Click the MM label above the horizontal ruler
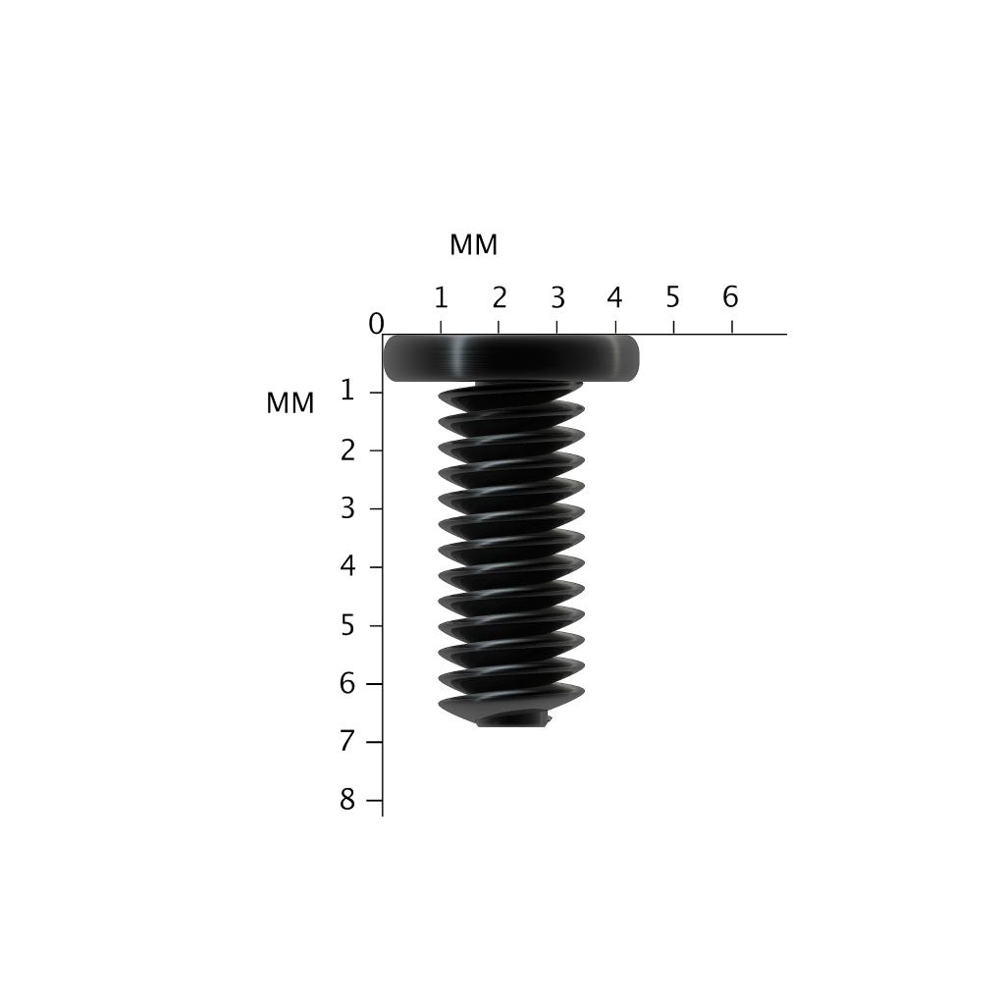coord(473,245)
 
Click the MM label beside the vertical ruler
coord(290,403)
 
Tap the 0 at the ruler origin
coord(376,324)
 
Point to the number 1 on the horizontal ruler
coord(441,297)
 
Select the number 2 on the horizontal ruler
coord(500,297)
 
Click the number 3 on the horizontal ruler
coord(557,297)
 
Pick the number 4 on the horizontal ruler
coord(614,297)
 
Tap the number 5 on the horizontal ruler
coord(672,297)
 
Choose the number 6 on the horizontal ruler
coord(730,297)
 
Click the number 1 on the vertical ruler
coord(347,392)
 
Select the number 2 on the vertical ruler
coord(347,450)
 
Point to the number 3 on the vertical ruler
coord(347,508)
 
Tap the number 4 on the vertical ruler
coord(347,566)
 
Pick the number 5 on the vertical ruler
coord(347,625)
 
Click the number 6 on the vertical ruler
coord(347,683)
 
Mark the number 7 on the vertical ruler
coord(347,741)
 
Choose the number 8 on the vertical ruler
coord(347,800)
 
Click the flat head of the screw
coord(510,358)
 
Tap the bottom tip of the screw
coord(512,719)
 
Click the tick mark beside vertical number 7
coord(374,742)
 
